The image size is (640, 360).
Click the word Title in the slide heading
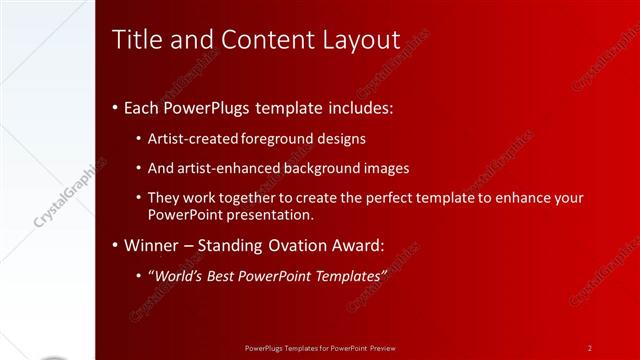tap(136, 40)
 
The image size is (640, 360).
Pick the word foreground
tap(282, 139)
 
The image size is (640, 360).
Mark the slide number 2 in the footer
tap(590, 347)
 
